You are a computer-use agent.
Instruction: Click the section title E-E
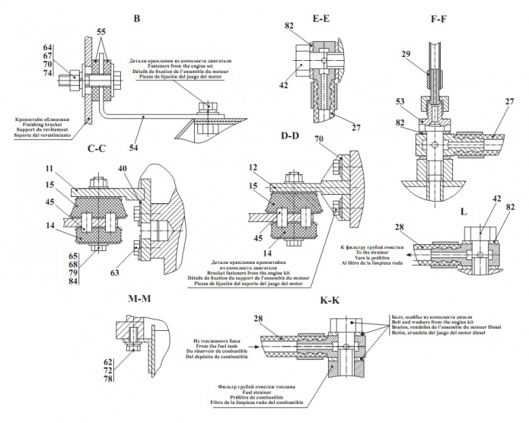320,18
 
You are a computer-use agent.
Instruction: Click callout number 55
100,31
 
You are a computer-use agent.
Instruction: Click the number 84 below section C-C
51,284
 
